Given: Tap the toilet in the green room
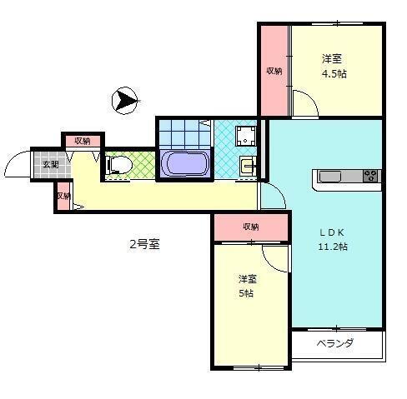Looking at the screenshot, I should point(118,165).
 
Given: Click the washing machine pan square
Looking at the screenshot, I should point(245,136).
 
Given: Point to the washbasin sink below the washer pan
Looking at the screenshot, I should point(247,165).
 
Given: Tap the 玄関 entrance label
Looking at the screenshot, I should point(50,164).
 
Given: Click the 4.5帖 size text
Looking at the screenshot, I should point(334,73).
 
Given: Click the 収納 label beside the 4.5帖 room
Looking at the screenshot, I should point(274,71).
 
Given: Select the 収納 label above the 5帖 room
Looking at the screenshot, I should point(251,227).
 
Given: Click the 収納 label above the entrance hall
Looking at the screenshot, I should point(83,141).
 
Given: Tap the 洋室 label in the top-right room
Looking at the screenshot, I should point(332,58).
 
